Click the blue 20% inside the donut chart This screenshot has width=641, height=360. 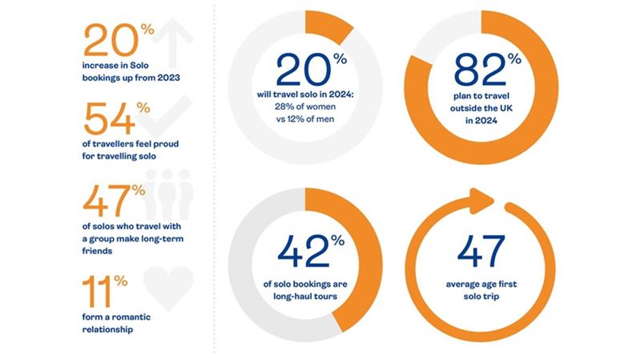pos(298,71)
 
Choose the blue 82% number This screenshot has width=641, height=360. pos(481,71)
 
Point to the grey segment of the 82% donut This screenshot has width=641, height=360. pos(437,36)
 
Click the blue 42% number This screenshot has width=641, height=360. pos(297,253)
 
